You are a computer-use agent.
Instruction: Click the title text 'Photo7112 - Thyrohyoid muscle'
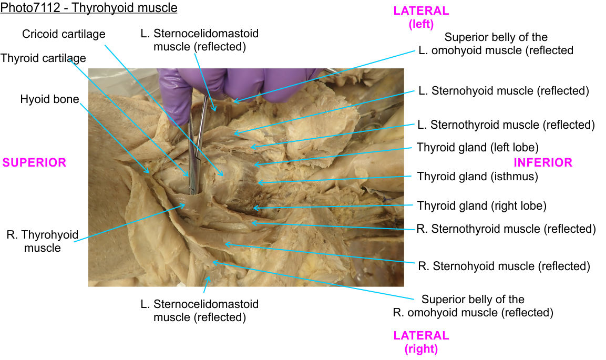[89, 8]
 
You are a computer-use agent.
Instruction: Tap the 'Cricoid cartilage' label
[64, 34]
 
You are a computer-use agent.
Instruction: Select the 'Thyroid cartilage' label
[43, 58]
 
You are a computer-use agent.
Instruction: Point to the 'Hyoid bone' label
[50, 99]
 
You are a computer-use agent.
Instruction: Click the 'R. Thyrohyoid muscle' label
[42, 241]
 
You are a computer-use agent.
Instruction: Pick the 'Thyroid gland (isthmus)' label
[477, 177]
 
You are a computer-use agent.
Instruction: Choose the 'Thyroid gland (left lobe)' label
[477, 148]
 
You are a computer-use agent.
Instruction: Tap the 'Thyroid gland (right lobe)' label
[481, 205]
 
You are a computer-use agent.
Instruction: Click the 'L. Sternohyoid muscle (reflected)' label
[503, 91]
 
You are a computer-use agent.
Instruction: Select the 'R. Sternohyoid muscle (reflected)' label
[504, 266]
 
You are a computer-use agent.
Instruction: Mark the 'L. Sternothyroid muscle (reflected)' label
[506, 125]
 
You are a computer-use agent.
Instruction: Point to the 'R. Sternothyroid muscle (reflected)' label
[506, 229]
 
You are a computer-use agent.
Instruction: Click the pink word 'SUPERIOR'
[34, 163]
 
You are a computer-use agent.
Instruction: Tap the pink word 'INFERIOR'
[542, 162]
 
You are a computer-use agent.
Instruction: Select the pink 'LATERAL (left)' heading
[421, 17]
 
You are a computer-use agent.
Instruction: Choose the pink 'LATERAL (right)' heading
[421, 342]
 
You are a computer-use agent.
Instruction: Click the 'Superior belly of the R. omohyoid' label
[473, 306]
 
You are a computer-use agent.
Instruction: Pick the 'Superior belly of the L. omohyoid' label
[496, 44]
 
